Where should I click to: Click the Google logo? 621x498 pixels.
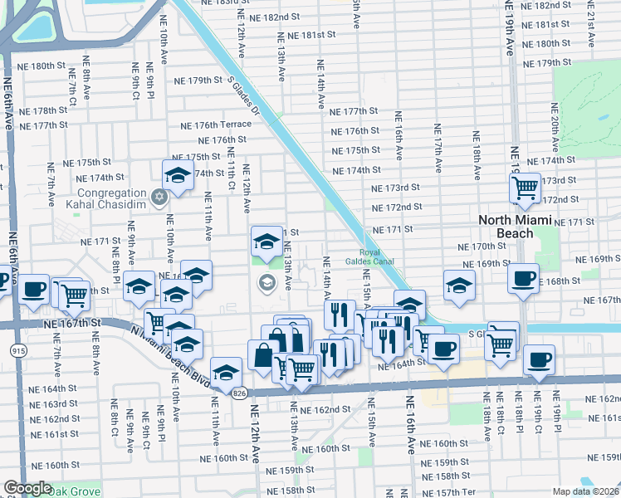tap(27, 488)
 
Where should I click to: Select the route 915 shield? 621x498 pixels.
tap(17, 351)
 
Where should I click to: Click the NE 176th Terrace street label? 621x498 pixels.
tap(218, 124)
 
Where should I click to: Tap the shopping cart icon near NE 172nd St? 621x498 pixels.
tap(525, 190)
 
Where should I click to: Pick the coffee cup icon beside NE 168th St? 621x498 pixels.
tap(523, 279)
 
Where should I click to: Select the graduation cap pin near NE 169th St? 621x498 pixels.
tap(458, 285)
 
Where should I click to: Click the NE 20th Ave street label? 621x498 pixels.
tap(555, 133)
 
